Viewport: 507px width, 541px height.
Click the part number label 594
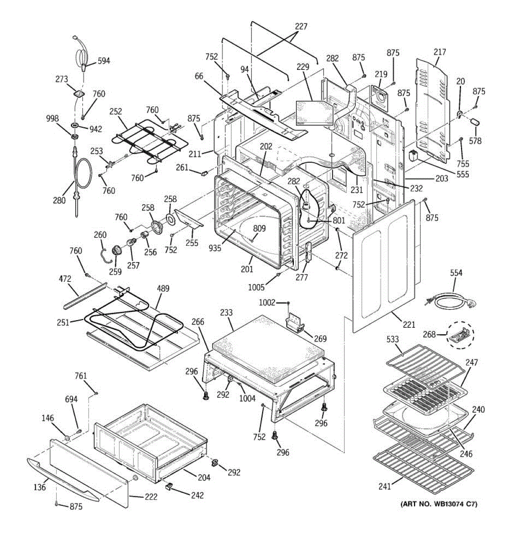103,61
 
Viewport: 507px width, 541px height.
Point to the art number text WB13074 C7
438,504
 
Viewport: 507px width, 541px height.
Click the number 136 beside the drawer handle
40,487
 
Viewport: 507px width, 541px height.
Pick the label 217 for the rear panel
440,52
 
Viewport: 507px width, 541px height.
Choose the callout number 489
163,289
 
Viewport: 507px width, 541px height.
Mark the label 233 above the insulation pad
226,312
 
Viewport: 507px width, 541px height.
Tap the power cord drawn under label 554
451,300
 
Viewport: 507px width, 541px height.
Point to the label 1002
267,303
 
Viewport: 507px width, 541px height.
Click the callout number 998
52,119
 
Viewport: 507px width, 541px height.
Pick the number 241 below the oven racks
385,486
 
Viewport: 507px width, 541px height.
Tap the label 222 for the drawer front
151,497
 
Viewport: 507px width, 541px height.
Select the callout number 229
303,67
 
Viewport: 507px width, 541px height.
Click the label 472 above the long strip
65,280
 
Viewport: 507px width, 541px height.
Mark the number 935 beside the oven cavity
215,248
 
